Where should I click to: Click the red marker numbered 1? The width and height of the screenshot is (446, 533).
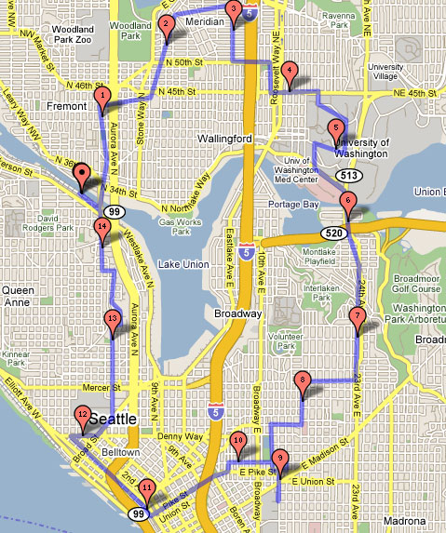tap(102, 95)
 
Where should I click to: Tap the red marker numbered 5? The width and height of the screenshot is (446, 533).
tap(336, 130)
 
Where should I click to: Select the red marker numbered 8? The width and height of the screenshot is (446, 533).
tap(302, 381)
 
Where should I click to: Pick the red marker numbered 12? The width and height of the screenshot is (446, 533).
tap(83, 418)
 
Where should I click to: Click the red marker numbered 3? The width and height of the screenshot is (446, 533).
tap(233, 11)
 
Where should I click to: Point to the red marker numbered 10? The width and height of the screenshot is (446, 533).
tap(238, 443)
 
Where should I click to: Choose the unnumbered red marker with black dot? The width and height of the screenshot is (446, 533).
tap(81, 173)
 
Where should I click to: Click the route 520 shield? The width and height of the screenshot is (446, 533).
tap(334, 231)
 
